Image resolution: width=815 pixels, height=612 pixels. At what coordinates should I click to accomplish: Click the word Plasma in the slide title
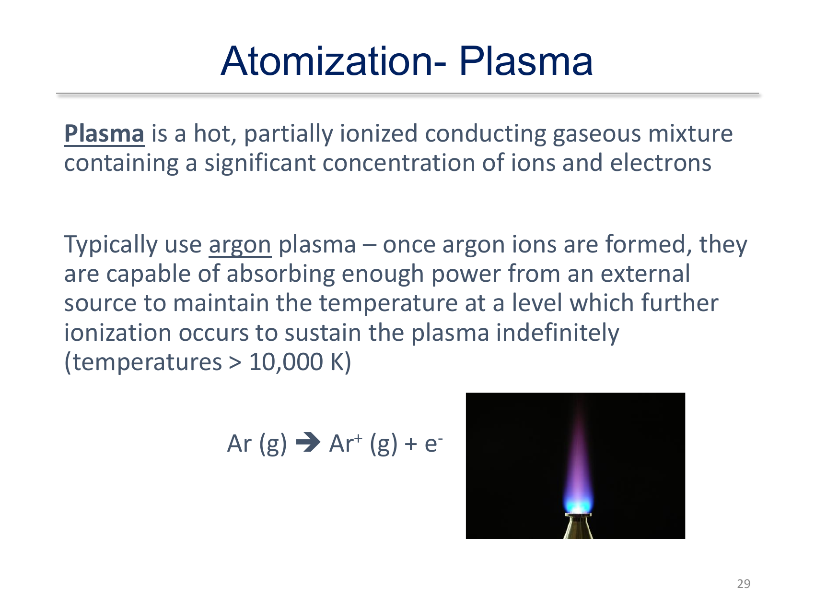pyautogui.click(x=526, y=61)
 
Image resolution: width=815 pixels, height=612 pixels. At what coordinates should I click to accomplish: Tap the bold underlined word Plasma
pyautogui.click(x=104, y=134)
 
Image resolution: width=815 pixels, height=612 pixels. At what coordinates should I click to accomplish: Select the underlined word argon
pyautogui.click(x=240, y=245)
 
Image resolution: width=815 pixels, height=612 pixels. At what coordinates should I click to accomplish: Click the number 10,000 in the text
pyautogui.click(x=286, y=362)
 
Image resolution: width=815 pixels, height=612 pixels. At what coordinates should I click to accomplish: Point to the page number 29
pyautogui.click(x=744, y=584)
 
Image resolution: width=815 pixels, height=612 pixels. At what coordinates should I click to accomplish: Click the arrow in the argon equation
pyautogui.click(x=308, y=443)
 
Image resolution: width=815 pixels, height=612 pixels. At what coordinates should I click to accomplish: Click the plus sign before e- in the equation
pyautogui.click(x=411, y=444)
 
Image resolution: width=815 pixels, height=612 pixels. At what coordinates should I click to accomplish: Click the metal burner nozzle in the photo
pyautogui.click(x=578, y=526)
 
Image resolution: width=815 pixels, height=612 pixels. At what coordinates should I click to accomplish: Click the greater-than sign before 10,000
pyautogui.click(x=235, y=362)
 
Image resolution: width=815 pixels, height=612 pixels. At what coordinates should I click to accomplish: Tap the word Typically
pyautogui.click(x=111, y=245)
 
